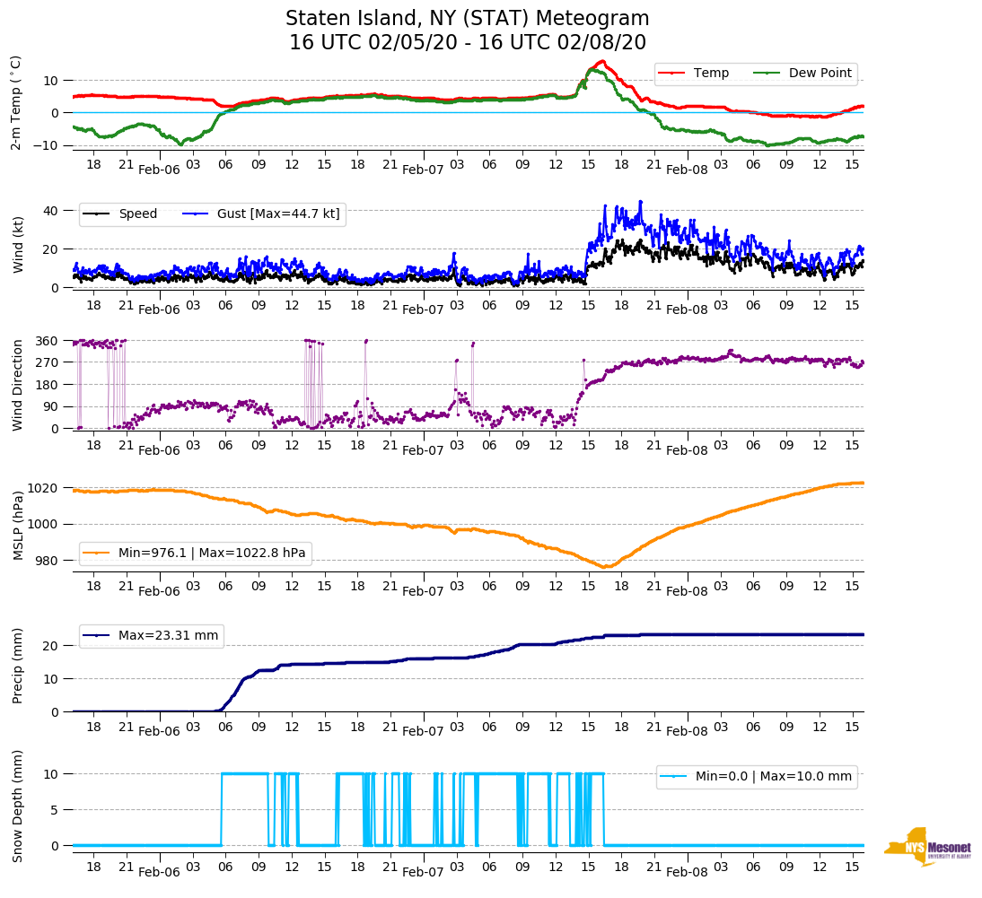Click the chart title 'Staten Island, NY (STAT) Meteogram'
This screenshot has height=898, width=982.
tap(467, 19)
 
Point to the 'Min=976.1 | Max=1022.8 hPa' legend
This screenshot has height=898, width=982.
tap(212, 553)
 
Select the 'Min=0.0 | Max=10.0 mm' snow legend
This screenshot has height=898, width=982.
tap(773, 777)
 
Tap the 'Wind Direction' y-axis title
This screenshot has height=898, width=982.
tap(17, 384)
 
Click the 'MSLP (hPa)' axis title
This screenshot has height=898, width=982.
tap(17, 525)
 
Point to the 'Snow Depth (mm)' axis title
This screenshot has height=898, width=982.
tap(17, 806)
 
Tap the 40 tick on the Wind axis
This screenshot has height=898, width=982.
tap(53, 211)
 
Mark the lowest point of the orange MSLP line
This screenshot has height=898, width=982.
tap(606, 567)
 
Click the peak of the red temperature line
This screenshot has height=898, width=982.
tap(602, 61)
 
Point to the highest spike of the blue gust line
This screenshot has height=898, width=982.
tap(641, 201)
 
